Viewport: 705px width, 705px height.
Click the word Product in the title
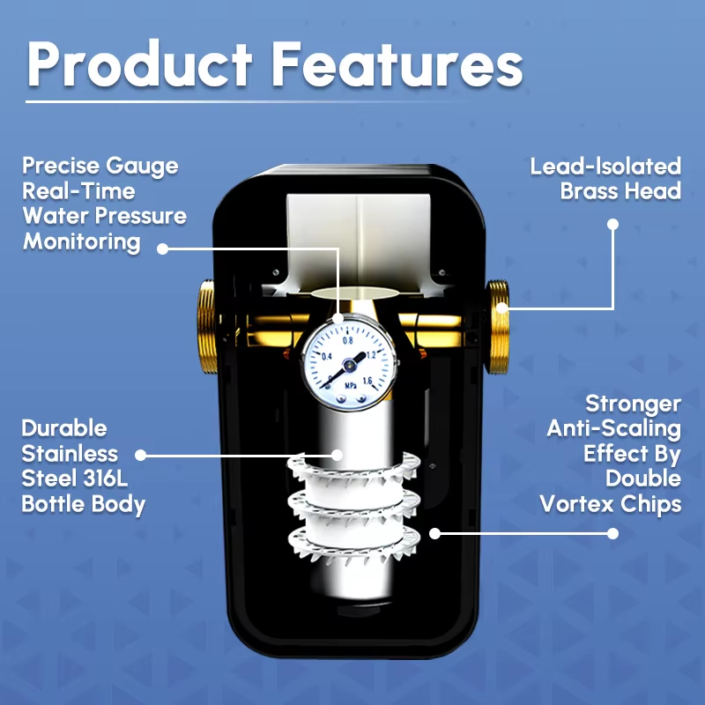140,63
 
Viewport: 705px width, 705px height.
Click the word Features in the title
397,63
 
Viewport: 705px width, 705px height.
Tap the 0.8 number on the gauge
348,340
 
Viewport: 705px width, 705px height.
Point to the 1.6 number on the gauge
367,382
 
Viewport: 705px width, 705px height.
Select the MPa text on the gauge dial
351,386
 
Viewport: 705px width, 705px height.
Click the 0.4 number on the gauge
327,357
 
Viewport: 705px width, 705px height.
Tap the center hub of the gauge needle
348,364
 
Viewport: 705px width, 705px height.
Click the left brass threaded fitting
207,326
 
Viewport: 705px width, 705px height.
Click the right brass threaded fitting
497,327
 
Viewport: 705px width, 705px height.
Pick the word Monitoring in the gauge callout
82,241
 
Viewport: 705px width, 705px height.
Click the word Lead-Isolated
605,166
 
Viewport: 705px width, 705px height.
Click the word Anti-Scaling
613,428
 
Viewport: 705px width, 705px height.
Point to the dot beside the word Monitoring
163,249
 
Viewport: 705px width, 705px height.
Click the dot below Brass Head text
612,224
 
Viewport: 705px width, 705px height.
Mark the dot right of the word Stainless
141,455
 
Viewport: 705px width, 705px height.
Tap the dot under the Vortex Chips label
612,534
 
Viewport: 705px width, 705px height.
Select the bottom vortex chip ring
354,544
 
